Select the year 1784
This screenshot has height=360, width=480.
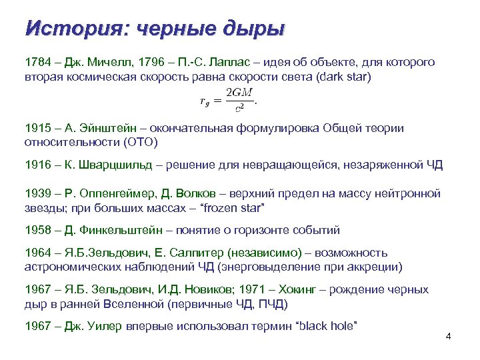(x=37, y=62)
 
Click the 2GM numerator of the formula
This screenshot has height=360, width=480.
(x=240, y=92)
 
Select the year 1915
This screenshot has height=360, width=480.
(x=37, y=127)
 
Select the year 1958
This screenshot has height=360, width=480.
(x=37, y=230)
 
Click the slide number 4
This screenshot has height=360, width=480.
(x=448, y=335)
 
